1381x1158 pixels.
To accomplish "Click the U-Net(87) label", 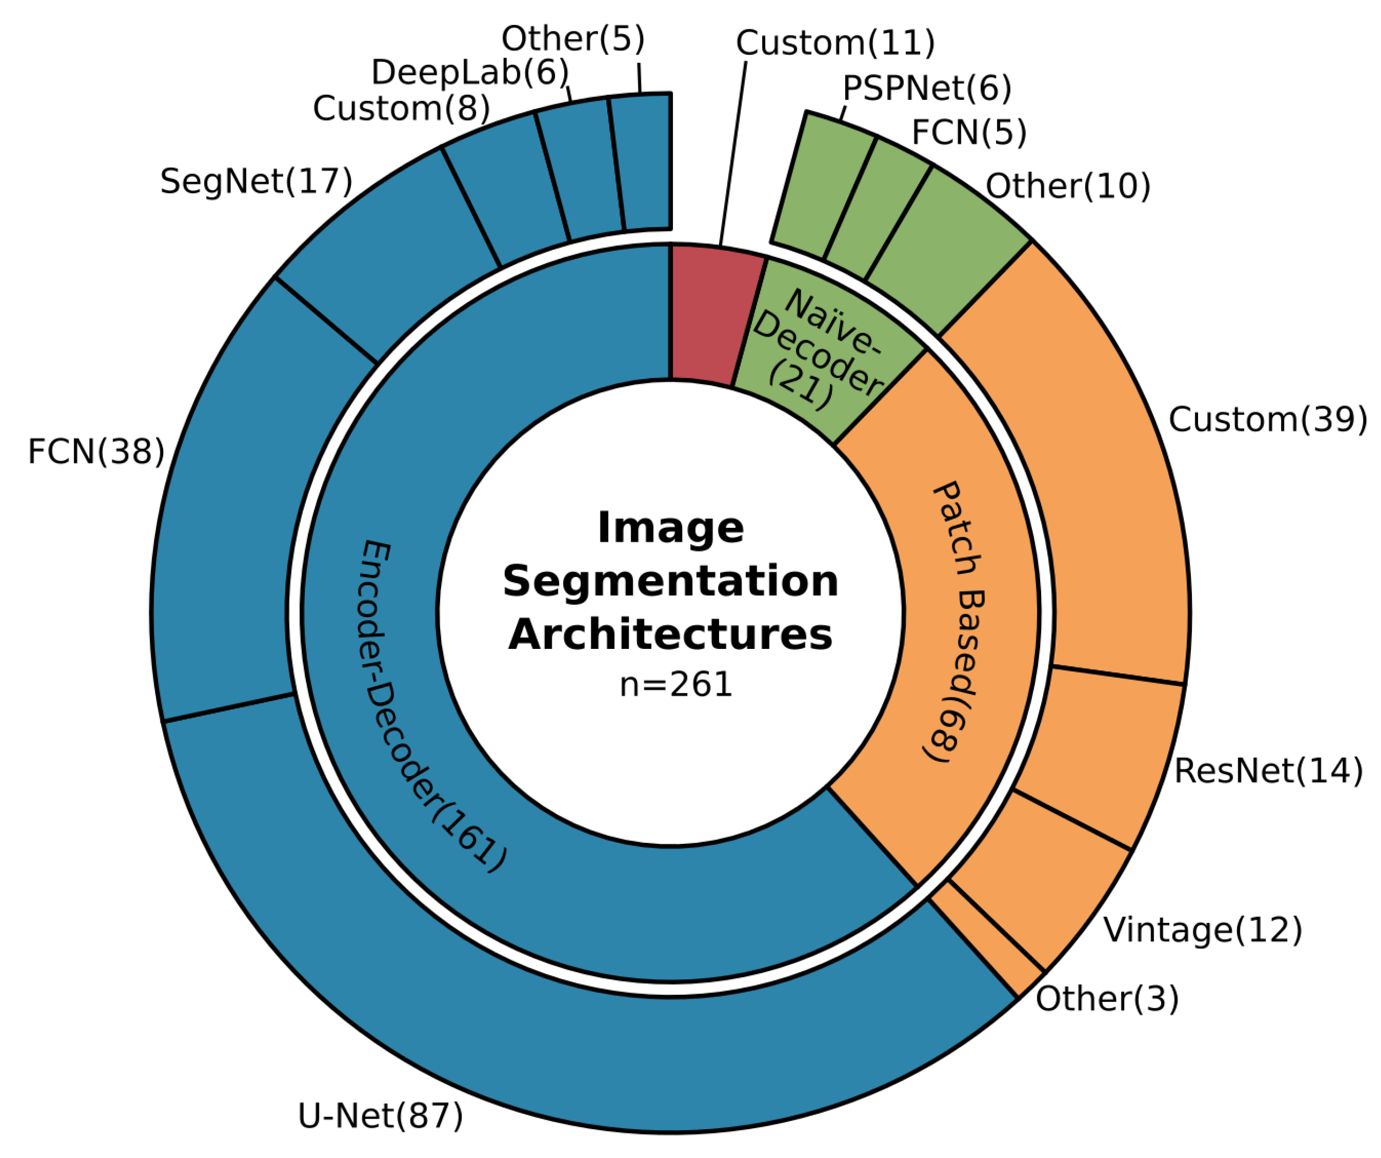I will [380, 1117].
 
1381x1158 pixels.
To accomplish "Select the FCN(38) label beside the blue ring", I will [96, 452].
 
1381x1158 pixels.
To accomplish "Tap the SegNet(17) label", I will [256, 181].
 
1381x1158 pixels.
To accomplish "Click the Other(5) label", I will [573, 39].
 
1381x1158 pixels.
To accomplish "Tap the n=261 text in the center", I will [675, 685].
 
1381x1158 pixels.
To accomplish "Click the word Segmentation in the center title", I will [671, 582].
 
